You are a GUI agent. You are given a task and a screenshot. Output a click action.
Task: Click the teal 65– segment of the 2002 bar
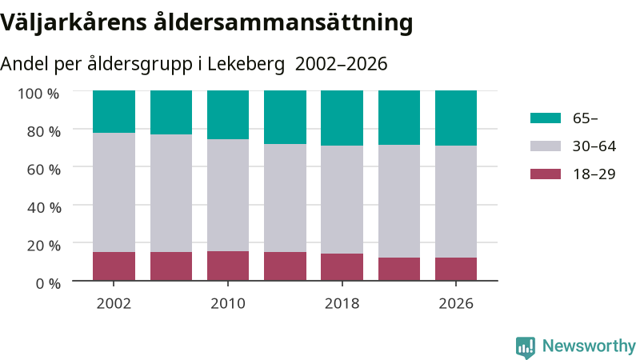tap(114, 111)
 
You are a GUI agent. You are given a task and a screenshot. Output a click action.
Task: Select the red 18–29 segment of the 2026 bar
tap(456, 269)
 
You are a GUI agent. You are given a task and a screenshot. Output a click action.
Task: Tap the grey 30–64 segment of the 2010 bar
tap(228, 195)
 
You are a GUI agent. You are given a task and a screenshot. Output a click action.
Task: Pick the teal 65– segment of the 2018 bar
tap(342, 118)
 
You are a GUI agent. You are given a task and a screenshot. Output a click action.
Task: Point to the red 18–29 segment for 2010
tap(228, 266)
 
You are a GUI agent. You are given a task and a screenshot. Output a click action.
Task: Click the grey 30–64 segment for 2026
tap(456, 202)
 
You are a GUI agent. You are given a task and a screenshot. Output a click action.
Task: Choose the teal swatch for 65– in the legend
tap(546, 118)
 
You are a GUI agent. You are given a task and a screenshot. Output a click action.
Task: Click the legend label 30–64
tap(594, 146)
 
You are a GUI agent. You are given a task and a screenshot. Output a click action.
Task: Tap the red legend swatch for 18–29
tap(546, 174)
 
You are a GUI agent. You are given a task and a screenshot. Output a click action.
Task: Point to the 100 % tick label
tap(38, 94)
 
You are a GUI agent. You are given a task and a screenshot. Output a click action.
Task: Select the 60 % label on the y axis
tap(44, 170)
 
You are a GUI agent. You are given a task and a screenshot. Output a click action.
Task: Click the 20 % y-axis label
tap(44, 246)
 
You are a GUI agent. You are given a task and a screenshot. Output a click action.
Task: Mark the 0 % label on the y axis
tap(48, 283)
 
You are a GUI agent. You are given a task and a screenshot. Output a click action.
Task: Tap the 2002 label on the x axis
tap(114, 304)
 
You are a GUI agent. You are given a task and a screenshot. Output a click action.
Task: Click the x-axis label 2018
tap(342, 304)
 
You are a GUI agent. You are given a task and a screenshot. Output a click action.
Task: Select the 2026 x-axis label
tap(456, 304)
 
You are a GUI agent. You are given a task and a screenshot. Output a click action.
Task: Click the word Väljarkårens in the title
tap(74, 22)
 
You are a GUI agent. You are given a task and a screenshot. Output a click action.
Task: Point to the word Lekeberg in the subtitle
tap(246, 64)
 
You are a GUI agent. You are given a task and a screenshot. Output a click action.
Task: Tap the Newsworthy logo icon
tap(526, 348)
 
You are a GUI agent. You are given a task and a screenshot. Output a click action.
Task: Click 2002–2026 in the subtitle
tap(342, 64)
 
